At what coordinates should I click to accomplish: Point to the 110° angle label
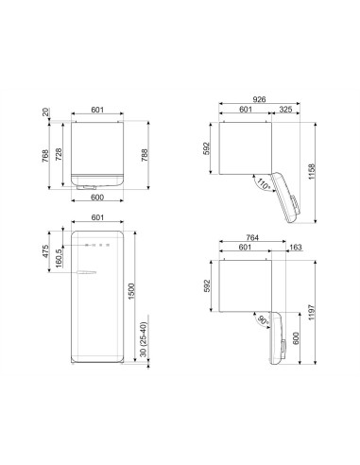point(266,185)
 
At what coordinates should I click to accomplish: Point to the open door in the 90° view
point(277,337)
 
